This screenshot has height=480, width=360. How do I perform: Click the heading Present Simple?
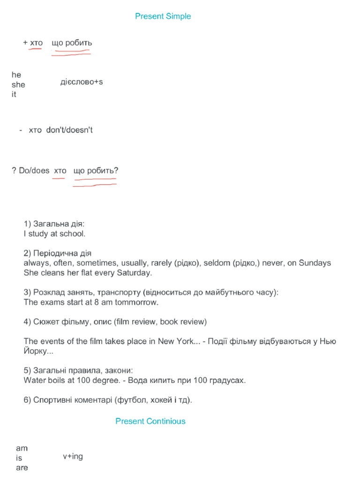[163, 16]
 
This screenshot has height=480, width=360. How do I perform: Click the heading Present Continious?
[150, 421]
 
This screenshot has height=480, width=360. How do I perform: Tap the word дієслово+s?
[82, 82]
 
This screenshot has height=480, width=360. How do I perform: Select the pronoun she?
[18, 85]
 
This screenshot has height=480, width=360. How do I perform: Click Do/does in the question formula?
[34, 171]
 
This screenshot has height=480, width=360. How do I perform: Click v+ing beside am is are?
[73, 456]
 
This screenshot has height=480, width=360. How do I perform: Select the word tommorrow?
[136, 302]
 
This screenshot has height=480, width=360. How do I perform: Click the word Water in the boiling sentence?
[34, 380]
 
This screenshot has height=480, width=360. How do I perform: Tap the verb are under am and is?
[22, 468]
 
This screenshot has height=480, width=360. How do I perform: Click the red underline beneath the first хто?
[35, 49]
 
